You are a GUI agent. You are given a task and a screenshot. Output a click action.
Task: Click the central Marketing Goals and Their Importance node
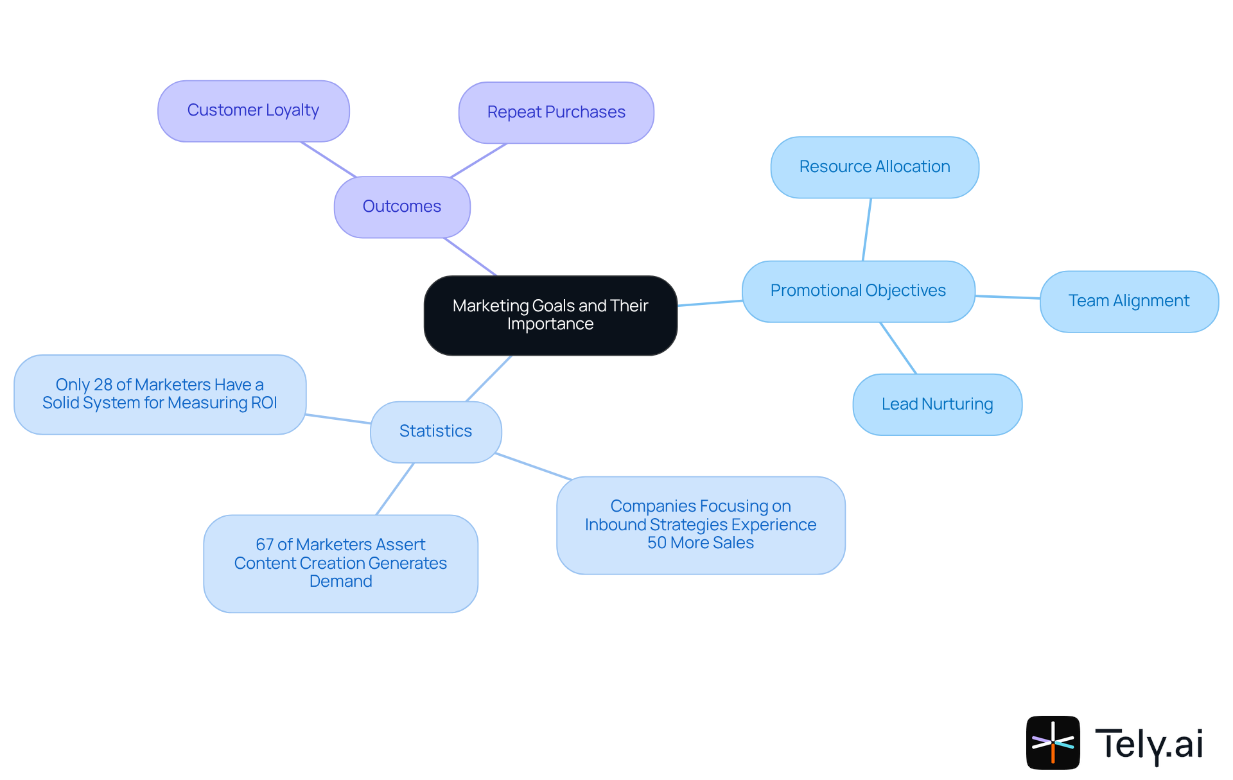[x=550, y=315]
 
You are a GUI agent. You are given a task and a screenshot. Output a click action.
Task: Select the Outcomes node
[x=402, y=207]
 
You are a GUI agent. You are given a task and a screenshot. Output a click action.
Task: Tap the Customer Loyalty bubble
[x=253, y=110]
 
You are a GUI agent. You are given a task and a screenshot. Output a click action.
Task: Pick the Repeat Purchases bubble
[x=556, y=112]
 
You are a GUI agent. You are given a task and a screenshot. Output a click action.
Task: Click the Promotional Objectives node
[x=858, y=291]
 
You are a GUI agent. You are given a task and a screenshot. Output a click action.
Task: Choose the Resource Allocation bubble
[x=875, y=167]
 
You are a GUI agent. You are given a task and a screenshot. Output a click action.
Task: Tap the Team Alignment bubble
[x=1128, y=301]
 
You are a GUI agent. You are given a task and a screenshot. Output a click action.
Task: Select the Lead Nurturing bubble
[x=937, y=404]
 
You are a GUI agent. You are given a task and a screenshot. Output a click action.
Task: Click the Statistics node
[x=435, y=431]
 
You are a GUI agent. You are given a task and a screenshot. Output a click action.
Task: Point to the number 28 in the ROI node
[x=103, y=385]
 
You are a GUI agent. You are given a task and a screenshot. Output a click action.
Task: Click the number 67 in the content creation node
[x=265, y=544]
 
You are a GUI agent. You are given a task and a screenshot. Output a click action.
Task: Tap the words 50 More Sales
[x=700, y=543]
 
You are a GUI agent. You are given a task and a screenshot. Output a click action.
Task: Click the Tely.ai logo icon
[x=1053, y=742]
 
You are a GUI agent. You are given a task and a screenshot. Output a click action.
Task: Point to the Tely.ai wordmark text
[x=1149, y=744]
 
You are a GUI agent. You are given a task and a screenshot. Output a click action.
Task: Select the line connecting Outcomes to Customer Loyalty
[x=328, y=159]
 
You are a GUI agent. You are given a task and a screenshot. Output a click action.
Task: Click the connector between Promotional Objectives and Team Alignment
[x=1008, y=297]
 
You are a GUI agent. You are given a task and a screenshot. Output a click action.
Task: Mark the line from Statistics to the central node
[x=489, y=379]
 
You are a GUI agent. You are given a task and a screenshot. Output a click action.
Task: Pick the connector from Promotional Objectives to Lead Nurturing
[x=898, y=348]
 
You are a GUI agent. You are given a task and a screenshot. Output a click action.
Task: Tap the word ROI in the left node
[x=265, y=403]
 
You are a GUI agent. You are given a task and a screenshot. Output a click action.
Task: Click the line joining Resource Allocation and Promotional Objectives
[x=867, y=229]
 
